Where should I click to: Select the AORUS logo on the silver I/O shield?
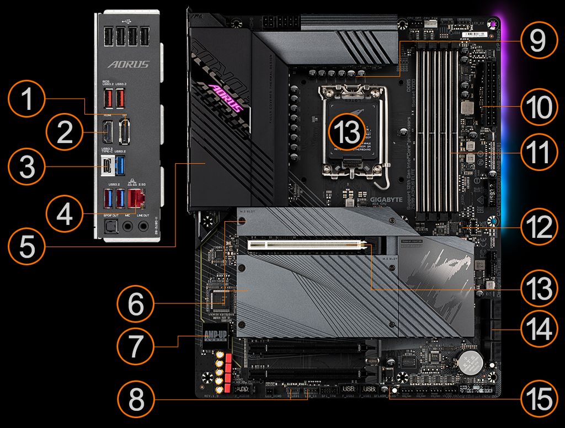(128, 65)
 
